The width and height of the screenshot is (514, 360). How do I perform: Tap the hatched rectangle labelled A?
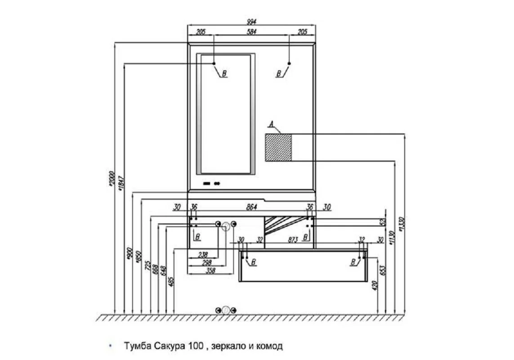(x=278, y=147)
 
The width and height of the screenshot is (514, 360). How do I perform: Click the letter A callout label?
(x=271, y=123)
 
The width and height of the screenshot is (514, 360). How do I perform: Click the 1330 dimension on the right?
(x=402, y=224)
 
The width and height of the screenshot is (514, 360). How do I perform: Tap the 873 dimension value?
(x=293, y=240)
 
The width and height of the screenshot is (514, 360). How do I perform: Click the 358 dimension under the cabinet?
(x=210, y=270)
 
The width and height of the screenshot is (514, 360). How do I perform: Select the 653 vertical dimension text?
(x=384, y=270)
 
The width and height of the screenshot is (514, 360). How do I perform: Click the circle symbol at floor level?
(x=226, y=310)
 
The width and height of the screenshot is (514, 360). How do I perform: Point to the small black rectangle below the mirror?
(x=207, y=183)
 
